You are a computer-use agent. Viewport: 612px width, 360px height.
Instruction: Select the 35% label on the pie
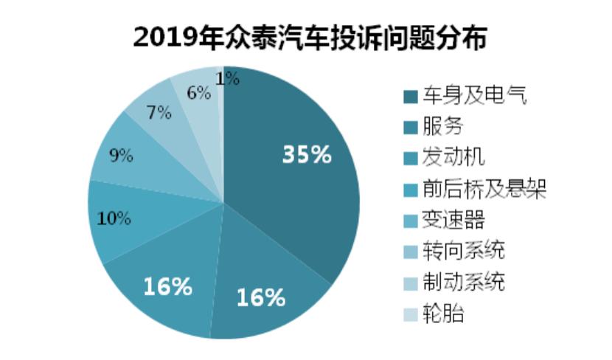pos(307,154)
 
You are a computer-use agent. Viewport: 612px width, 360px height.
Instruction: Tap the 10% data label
pos(114,218)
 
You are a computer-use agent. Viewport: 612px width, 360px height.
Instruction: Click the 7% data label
pos(159,113)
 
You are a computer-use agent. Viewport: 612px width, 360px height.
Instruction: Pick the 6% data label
pos(199,93)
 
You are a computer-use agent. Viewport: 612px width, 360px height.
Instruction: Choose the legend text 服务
pos(442,126)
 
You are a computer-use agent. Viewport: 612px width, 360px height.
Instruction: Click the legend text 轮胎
pos(442,314)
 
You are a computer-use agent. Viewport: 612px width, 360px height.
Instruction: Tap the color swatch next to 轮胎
pos(409,315)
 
